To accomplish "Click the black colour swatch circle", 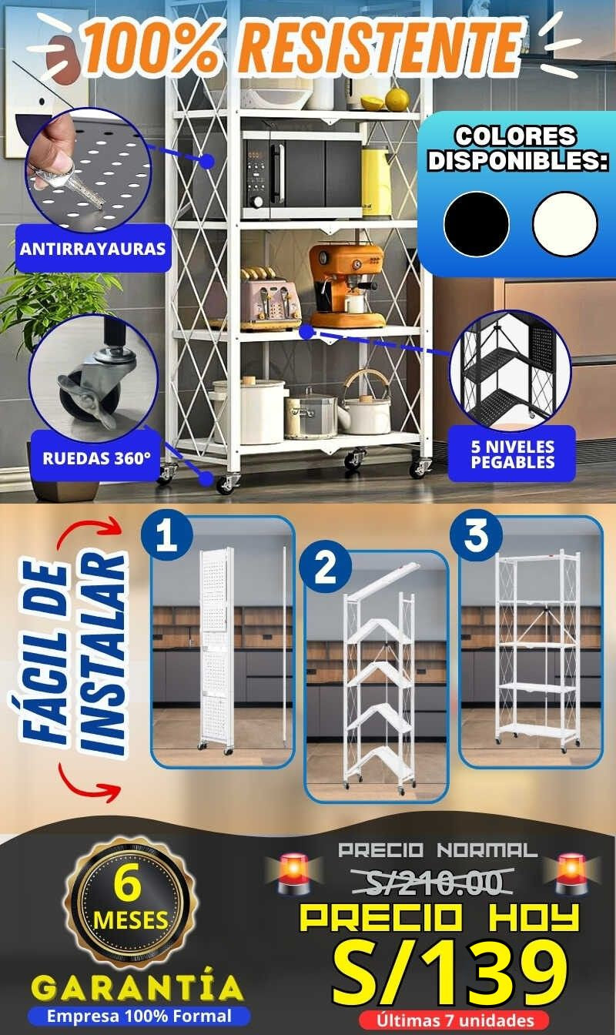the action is click(477, 224).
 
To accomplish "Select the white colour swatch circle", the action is click(564, 224).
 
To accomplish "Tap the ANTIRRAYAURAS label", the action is click(93, 249).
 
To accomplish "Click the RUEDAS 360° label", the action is click(96, 458).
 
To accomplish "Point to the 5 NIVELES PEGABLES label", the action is click(513, 454).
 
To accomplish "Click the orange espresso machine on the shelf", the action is click(347, 286).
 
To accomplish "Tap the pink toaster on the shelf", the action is click(270, 297).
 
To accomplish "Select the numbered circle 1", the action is click(167, 537).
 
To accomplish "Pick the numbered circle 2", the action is click(326, 567).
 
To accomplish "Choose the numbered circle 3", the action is click(476, 536).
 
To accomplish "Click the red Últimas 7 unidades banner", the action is click(455, 1020).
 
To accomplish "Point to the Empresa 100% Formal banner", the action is click(139, 1017).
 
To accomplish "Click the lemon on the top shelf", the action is click(397, 99).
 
